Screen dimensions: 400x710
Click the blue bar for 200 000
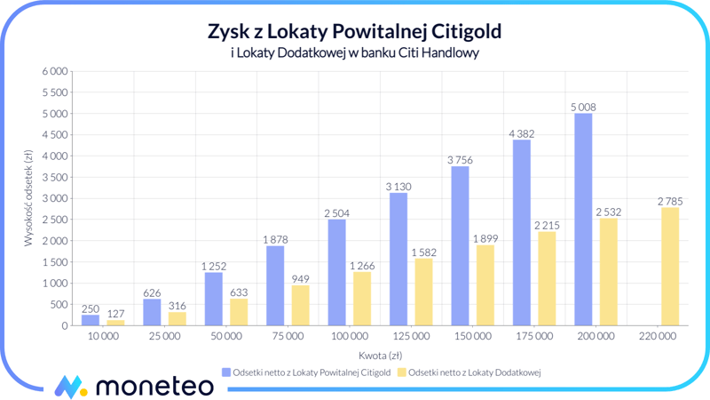point(583,220)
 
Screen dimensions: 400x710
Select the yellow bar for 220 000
point(669,267)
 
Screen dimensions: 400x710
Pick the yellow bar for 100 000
point(362,299)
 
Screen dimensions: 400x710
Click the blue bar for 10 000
point(91,320)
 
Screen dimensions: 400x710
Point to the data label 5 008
point(583,108)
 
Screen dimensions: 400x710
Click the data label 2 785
point(669,202)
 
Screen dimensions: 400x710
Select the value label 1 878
point(275,240)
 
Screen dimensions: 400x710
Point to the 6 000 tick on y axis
point(55,71)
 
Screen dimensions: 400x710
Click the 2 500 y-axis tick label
point(55,220)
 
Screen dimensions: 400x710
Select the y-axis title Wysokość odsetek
point(28,198)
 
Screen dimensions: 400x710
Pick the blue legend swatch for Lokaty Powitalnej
point(225,372)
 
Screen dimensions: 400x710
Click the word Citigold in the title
point(468,31)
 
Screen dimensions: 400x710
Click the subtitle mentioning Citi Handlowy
point(354,52)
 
